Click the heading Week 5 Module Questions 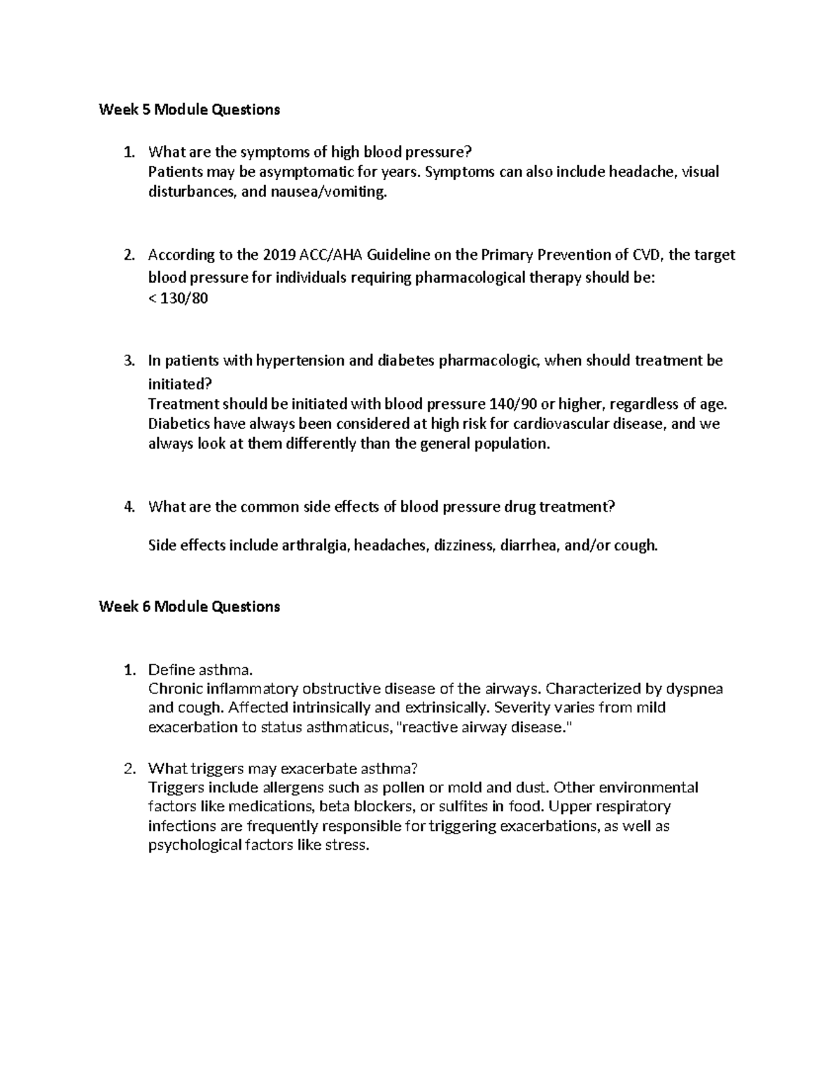189,109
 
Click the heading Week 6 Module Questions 189,606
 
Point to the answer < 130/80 178,299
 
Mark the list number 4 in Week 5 128,507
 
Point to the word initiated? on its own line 178,384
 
